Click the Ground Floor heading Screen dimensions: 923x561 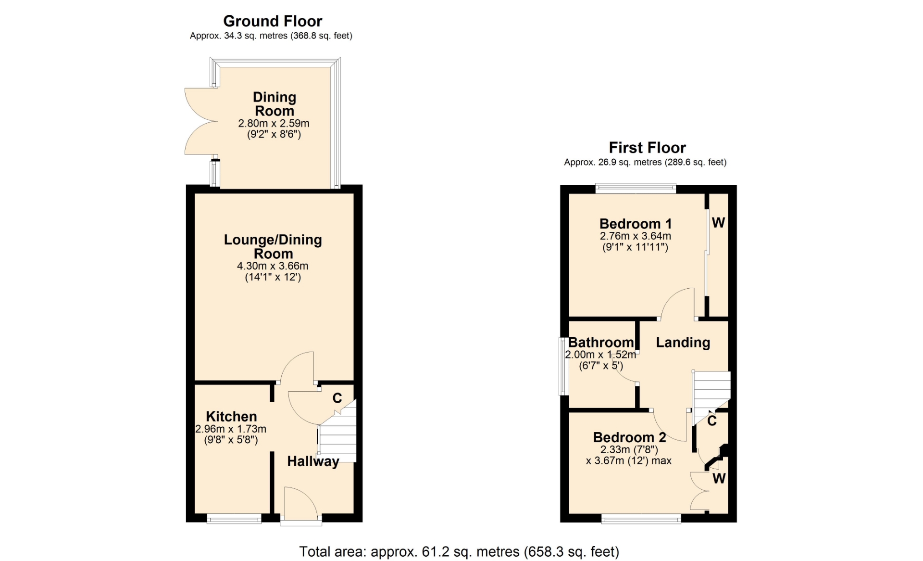pyautogui.click(x=273, y=21)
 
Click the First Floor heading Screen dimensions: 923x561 pyautogui.click(x=647, y=148)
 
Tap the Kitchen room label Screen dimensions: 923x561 pyautogui.click(x=231, y=416)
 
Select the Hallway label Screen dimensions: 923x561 pyautogui.click(x=313, y=461)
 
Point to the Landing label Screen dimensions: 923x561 pyautogui.click(x=683, y=342)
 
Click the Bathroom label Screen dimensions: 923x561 pyautogui.click(x=601, y=342)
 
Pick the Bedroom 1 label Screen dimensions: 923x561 pyautogui.click(x=636, y=224)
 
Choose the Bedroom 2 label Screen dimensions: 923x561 pyautogui.click(x=629, y=437)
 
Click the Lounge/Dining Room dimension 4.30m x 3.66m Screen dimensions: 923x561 pyautogui.click(x=273, y=266)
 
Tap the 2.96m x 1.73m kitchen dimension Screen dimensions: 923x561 pyautogui.click(x=231, y=429)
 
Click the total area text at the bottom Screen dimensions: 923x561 pyautogui.click(x=459, y=551)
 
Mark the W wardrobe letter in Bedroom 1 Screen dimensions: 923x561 pyautogui.click(x=718, y=222)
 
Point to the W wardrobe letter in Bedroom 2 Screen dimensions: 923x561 pyautogui.click(x=719, y=478)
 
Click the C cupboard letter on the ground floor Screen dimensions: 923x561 pyautogui.click(x=337, y=398)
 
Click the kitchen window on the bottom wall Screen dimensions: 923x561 pyautogui.click(x=234, y=519)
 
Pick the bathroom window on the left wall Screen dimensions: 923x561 pyautogui.click(x=563, y=366)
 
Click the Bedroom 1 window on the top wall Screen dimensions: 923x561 pyautogui.click(x=636, y=189)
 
